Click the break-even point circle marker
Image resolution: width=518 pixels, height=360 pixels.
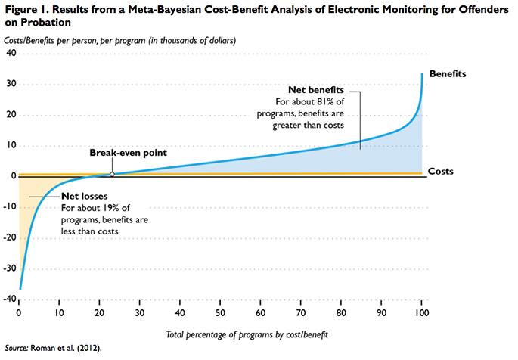click(x=112, y=174)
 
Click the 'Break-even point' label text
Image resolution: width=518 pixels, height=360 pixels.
click(x=129, y=153)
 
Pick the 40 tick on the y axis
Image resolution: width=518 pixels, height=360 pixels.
click(x=11, y=54)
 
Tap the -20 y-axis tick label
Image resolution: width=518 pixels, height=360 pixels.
click(x=10, y=237)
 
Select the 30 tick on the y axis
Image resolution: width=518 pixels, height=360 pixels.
click(x=11, y=85)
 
